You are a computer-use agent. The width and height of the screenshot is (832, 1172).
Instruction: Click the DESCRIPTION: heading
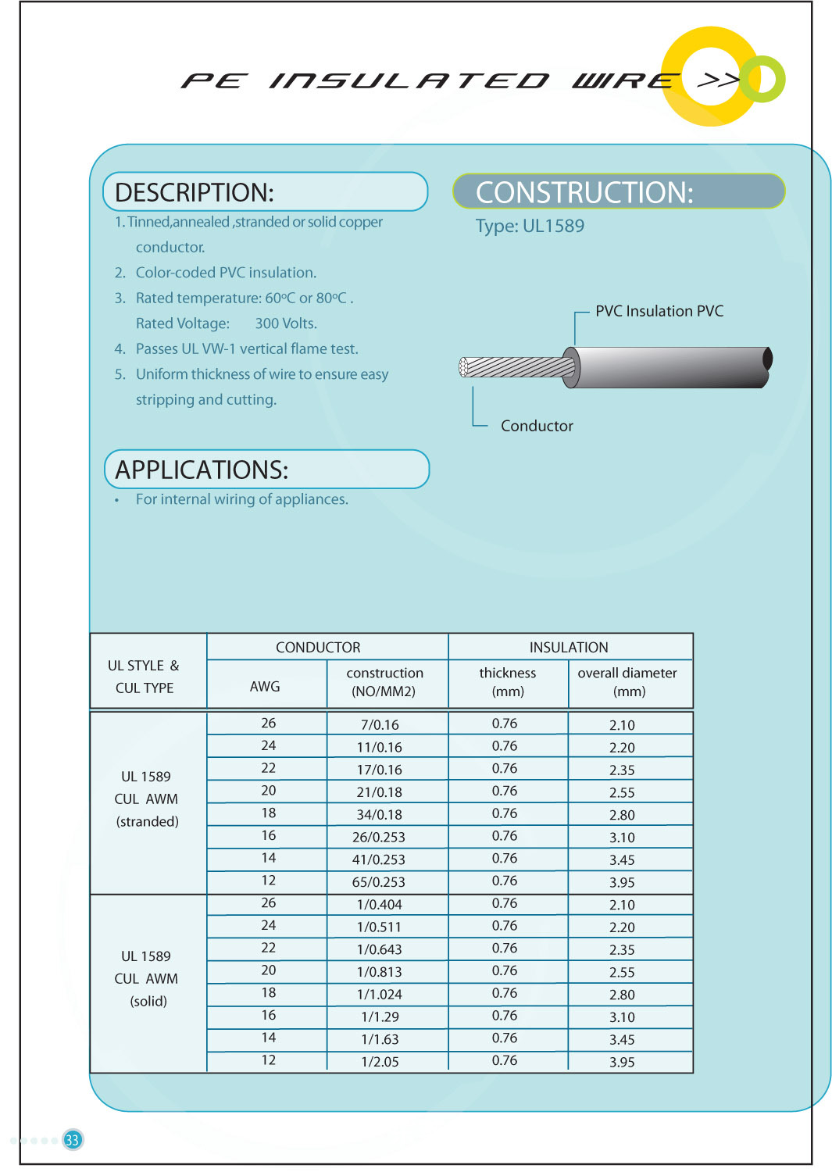coord(195,192)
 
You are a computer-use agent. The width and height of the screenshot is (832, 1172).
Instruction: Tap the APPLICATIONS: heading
coord(202,470)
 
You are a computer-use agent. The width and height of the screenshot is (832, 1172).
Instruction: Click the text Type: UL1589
coord(530,227)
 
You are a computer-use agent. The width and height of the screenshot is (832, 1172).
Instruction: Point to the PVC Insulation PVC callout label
coord(659,311)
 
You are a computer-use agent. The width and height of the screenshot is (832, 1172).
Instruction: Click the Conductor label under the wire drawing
coord(537,426)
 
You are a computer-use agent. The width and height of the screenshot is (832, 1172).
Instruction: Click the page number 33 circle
coord(73,1139)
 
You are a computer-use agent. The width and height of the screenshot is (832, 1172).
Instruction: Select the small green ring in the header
coord(763,79)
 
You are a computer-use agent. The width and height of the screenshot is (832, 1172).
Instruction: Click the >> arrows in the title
coord(717,79)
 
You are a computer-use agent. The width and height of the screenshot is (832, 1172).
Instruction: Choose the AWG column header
coord(265,686)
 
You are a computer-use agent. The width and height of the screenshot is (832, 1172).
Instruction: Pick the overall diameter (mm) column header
coord(627,682)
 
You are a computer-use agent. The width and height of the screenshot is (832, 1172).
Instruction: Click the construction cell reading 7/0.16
coord(380,725)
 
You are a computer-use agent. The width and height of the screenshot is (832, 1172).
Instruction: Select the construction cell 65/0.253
coord(379,882)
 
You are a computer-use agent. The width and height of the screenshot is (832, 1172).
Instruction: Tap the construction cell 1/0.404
coord(380,905)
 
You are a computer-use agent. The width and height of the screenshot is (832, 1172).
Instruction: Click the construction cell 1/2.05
coord(380,1062)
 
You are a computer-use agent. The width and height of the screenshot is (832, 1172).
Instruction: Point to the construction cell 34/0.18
coord(380,815)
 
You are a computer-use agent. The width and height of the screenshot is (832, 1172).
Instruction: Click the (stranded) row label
coord(148,822)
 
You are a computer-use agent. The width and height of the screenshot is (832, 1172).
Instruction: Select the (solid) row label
coord(148,1002)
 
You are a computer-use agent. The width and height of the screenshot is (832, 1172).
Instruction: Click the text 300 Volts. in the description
coord(286,323)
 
